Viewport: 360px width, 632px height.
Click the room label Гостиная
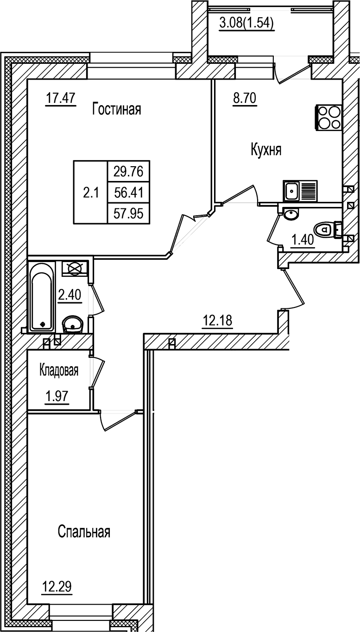click(116, 109)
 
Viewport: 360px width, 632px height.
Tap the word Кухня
click(266, 150)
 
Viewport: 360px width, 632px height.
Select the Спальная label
click(84, 532)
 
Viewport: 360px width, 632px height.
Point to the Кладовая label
click(59, 370)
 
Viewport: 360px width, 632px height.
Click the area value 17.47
click(61, 98)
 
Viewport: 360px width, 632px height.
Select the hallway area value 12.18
click(217, 319)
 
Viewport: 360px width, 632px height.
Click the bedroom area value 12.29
click(57, 588)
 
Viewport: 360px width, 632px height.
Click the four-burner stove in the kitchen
click(328, 118)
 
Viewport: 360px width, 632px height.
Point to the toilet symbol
click(326, 228)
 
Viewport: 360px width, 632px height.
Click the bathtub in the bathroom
click(42, 296)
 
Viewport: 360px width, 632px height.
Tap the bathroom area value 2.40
click(69, 294)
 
